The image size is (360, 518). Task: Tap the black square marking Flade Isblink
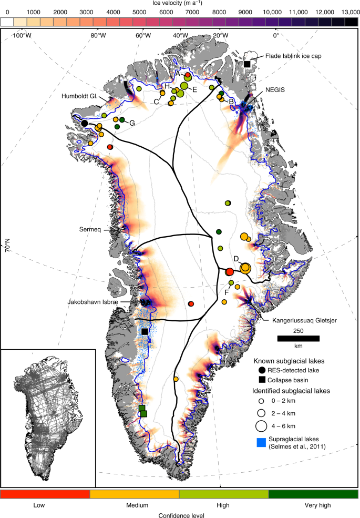click(247, 64)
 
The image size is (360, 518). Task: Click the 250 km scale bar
click(298, 338)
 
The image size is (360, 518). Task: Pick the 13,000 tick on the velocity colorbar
click(348, 11)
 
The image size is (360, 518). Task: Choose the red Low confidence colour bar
click(46, 494)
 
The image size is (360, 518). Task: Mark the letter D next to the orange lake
click(236, 258)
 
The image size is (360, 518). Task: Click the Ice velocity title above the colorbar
click(180, 3)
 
